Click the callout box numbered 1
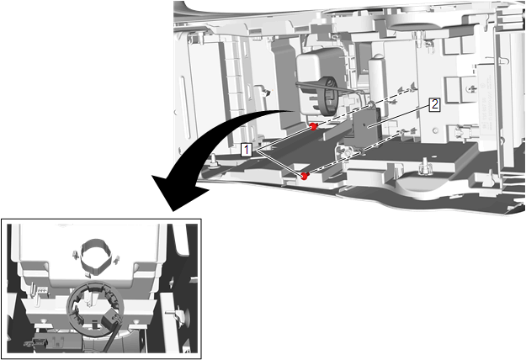tap(247, 150)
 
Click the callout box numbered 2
tap(434, 105)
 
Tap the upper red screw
tap(313, 127)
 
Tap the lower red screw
tap(305, 176)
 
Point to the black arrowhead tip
tap(173, 211)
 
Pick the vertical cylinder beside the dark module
tap(376, 79)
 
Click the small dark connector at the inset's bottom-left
tap(36, 342)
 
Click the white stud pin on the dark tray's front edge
tap(425, 167)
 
